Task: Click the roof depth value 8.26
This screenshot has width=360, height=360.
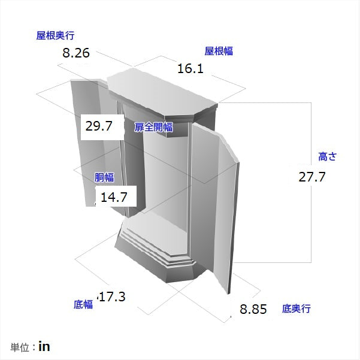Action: click(x=76, y=53)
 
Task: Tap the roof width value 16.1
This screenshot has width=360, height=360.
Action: click(x=190, y=69)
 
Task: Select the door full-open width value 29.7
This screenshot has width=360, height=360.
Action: click(x=99, y=127)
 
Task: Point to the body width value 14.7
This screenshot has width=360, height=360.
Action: click(x=114, y=196)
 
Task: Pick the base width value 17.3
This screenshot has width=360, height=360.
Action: click(x=112, y=297)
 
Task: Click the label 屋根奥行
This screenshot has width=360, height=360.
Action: click(x=55, y=36)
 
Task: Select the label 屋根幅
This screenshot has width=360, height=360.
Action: click(x=219, y=52)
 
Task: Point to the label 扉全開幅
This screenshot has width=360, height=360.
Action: click(x=153, y=127)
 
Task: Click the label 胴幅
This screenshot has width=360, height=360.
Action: click(x=104, y=177)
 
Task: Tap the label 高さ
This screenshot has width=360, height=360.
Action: click(x=327, y=156)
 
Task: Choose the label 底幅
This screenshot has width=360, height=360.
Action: click(x=83, y=304)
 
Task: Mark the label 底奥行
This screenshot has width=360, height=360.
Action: click(x=297, y=309)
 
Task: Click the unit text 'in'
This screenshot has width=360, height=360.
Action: click(x=44, y=347)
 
